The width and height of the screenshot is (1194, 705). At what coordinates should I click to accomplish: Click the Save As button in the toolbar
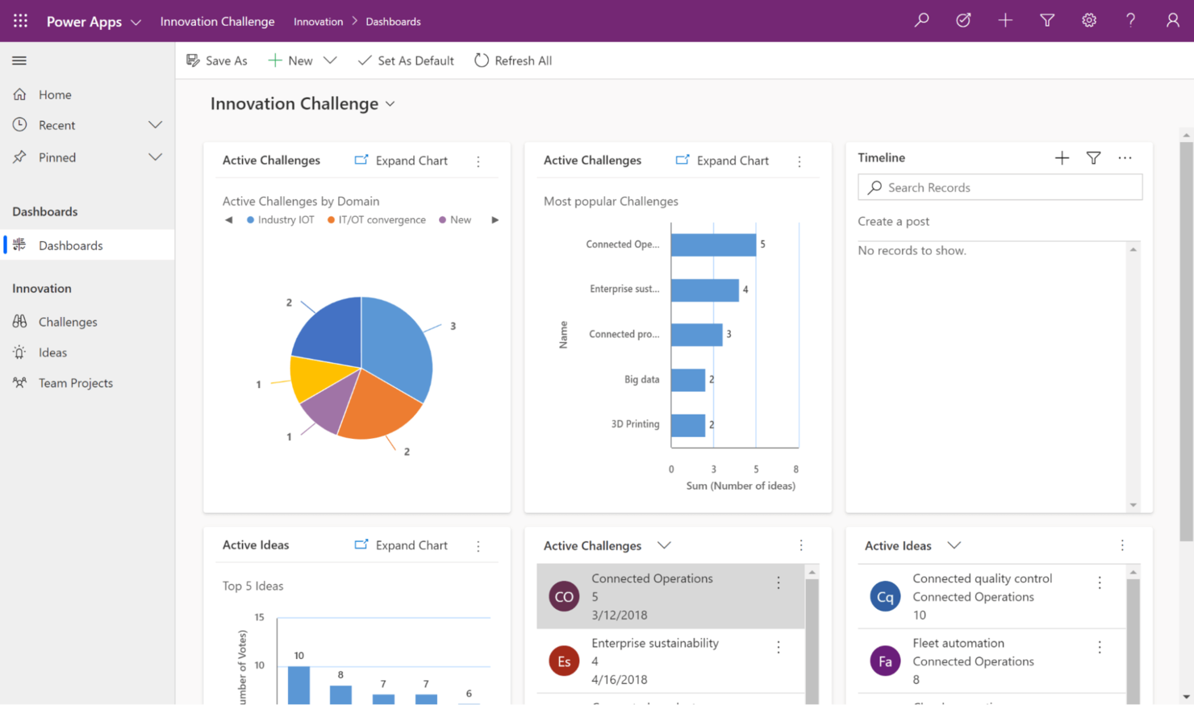tap(217, 60)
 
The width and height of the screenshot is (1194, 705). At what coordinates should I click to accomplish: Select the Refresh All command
tap(513, 60)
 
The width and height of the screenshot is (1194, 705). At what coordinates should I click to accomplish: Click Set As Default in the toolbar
tap(406, 60)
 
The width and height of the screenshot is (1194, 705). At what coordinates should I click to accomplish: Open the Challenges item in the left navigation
tap(68, 322)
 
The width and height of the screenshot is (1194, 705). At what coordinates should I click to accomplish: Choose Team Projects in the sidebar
tap(75, 383)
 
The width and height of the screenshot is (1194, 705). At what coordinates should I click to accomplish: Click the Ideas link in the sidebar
tap(52, 352)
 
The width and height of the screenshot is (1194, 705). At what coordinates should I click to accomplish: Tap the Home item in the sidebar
tap(55, 94)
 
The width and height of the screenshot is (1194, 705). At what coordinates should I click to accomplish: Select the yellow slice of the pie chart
tap(313, 378)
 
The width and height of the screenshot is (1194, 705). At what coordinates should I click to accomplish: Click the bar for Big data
tap(688, 379)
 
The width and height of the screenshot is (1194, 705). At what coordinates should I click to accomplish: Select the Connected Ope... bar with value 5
tap(713, 244)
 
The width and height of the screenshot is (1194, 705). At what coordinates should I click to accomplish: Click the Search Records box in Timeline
tap(1000, 187)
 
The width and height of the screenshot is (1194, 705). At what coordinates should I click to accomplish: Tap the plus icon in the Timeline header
tap(1062, 158)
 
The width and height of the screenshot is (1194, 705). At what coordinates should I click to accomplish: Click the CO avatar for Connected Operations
tap(564, 597)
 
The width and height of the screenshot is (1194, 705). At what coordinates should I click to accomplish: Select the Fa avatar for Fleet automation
tap(885, 661)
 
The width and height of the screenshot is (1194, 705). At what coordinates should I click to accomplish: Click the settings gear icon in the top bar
tap(1089, 21)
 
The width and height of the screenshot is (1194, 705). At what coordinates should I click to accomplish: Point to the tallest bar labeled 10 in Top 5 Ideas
tap(298, 685)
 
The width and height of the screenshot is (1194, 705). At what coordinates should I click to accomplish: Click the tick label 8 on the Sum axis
tap(795, 469)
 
